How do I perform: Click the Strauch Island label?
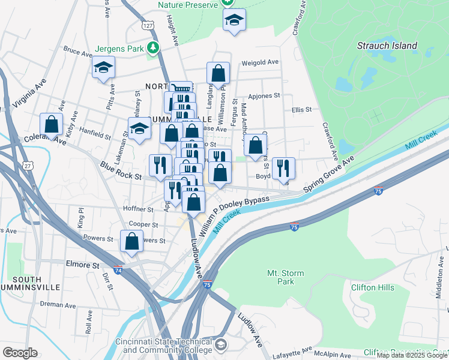tap(387, 46)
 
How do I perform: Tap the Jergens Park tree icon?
tap(154, 47)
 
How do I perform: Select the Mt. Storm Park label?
tap(285, 277)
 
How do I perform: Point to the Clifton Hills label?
tap(373, 287)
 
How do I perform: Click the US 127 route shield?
tap(149, 26)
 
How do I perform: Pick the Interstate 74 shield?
tap(118, 270)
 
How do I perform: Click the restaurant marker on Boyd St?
tap(283, 168)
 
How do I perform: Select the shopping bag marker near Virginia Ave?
tap(52, 125)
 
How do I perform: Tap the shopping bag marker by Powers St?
tap(131, 241)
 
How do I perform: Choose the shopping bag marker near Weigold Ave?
tap(218, 73)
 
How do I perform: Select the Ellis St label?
tap(302, 110)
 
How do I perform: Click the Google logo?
tap(20, 353)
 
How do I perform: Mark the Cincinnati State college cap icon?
tap(221, 344)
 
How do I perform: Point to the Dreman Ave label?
tap(59, 305)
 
